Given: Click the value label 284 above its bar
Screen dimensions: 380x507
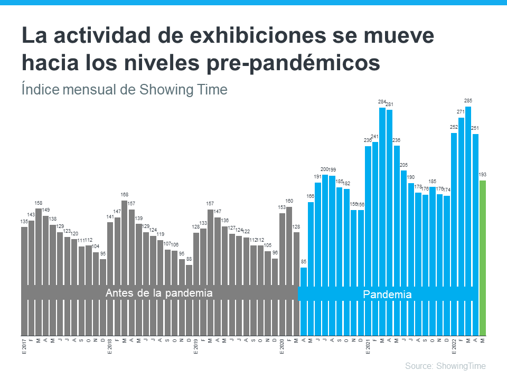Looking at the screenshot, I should [382, 102].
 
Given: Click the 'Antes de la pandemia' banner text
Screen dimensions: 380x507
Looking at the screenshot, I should [159, 293].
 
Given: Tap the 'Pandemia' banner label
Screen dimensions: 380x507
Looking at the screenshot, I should [387, 294].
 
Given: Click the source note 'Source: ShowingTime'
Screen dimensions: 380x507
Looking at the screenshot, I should [445, 366].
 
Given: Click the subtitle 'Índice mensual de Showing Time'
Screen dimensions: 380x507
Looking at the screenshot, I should [125, 89].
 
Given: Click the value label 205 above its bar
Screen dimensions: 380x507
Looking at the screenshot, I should [404, 165].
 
